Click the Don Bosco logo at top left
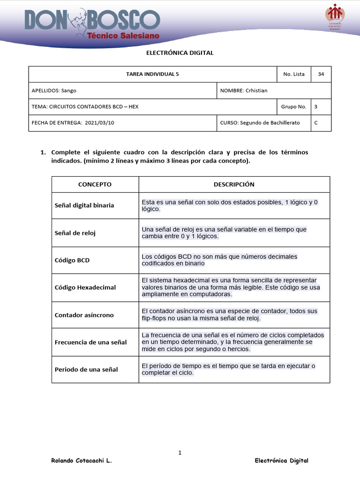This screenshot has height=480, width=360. (x=92, y=24)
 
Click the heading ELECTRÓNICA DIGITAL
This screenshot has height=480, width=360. (x=180, y=53)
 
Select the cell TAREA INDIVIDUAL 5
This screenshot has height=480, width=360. (x=152, y=74)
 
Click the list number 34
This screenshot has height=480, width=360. (x=321, y=74)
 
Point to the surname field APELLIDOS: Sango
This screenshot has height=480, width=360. (x=54, y=90)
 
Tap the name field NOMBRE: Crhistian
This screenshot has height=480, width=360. (x=244, y=90)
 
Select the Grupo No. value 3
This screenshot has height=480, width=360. (x=316, y=106)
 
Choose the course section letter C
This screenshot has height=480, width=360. (x=316, y=123)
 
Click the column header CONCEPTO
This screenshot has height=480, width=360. (x=95, y=184)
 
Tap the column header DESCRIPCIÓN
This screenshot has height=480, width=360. (x=234, y=184)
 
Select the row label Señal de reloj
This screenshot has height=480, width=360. (x=75, y=233)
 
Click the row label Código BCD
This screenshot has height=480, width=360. (x=72, y=260)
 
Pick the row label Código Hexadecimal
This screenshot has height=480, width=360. (x=85, y=287)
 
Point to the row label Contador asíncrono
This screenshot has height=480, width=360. (x=84, y=315)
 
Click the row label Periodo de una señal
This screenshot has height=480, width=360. (x=86, y=369)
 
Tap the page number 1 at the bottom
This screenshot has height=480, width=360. (x=180, y=452)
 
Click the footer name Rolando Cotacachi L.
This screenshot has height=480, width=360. (x=81, y=461)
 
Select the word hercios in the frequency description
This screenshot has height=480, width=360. (x=238, y=349)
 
